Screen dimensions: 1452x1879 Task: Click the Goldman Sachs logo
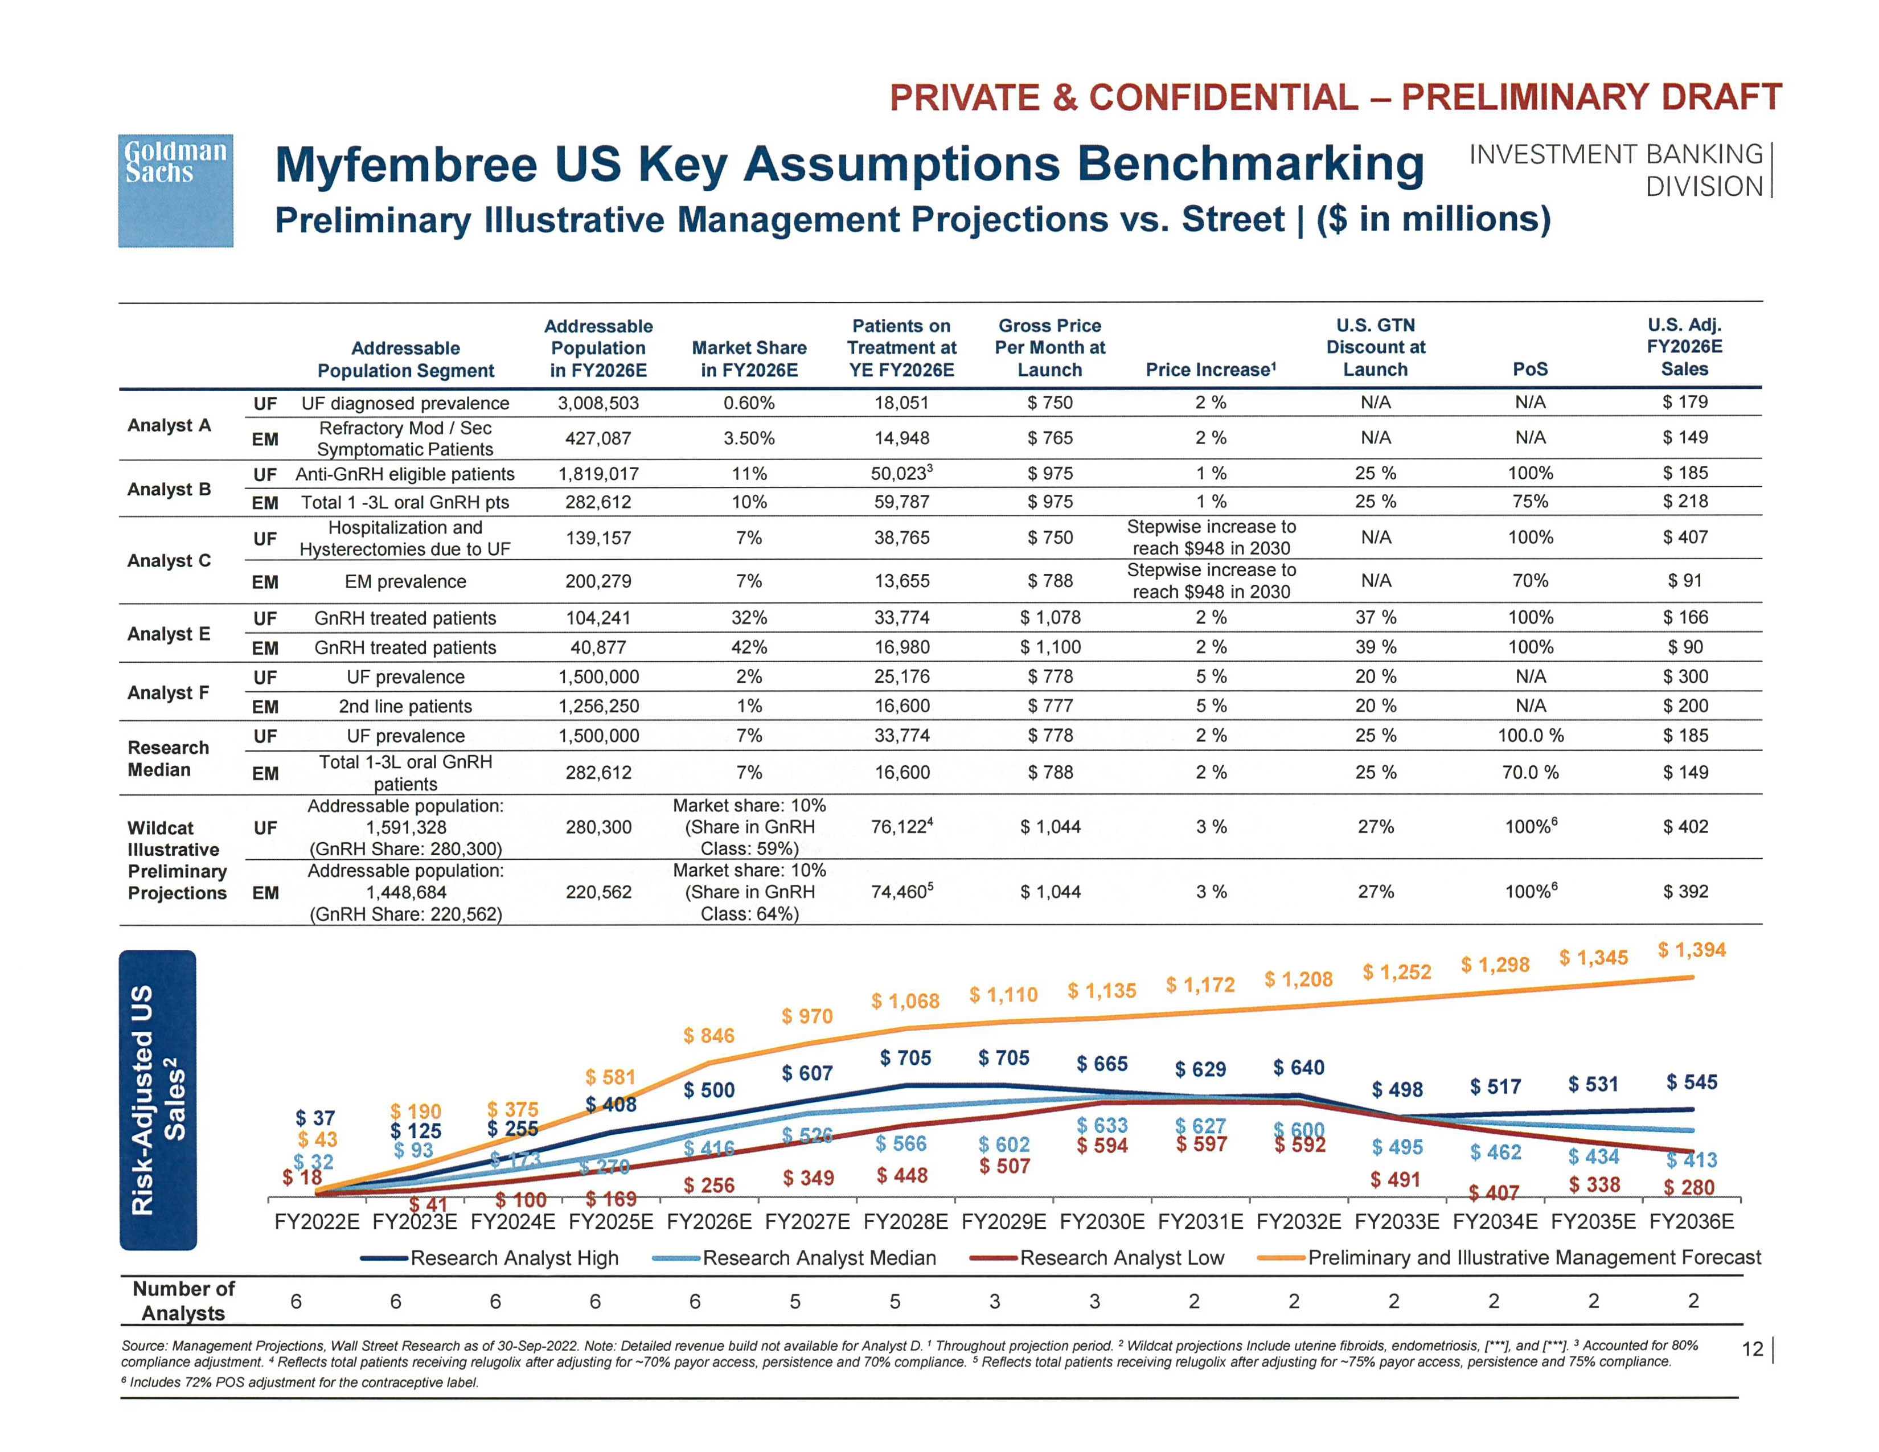click(175, 190)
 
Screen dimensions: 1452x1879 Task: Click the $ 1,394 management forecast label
click(1692, 950)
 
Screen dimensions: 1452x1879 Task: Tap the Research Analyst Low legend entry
click(1098, 1258)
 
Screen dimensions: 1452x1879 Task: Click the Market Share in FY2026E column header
click(749, 359)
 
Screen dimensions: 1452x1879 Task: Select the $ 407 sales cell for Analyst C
click(1685, 537)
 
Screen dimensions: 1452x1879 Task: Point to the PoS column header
click(1530, 369)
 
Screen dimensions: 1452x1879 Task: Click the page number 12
click(1751, 1349)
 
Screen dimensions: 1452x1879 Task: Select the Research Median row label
click(168, 758)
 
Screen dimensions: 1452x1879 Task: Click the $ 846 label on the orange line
click(709, 1036)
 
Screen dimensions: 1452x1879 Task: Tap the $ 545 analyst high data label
click(1692, 1082)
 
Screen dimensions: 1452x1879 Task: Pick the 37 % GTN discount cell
click(1375, 618)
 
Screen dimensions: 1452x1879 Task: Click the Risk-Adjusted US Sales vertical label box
click(158, 1100)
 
